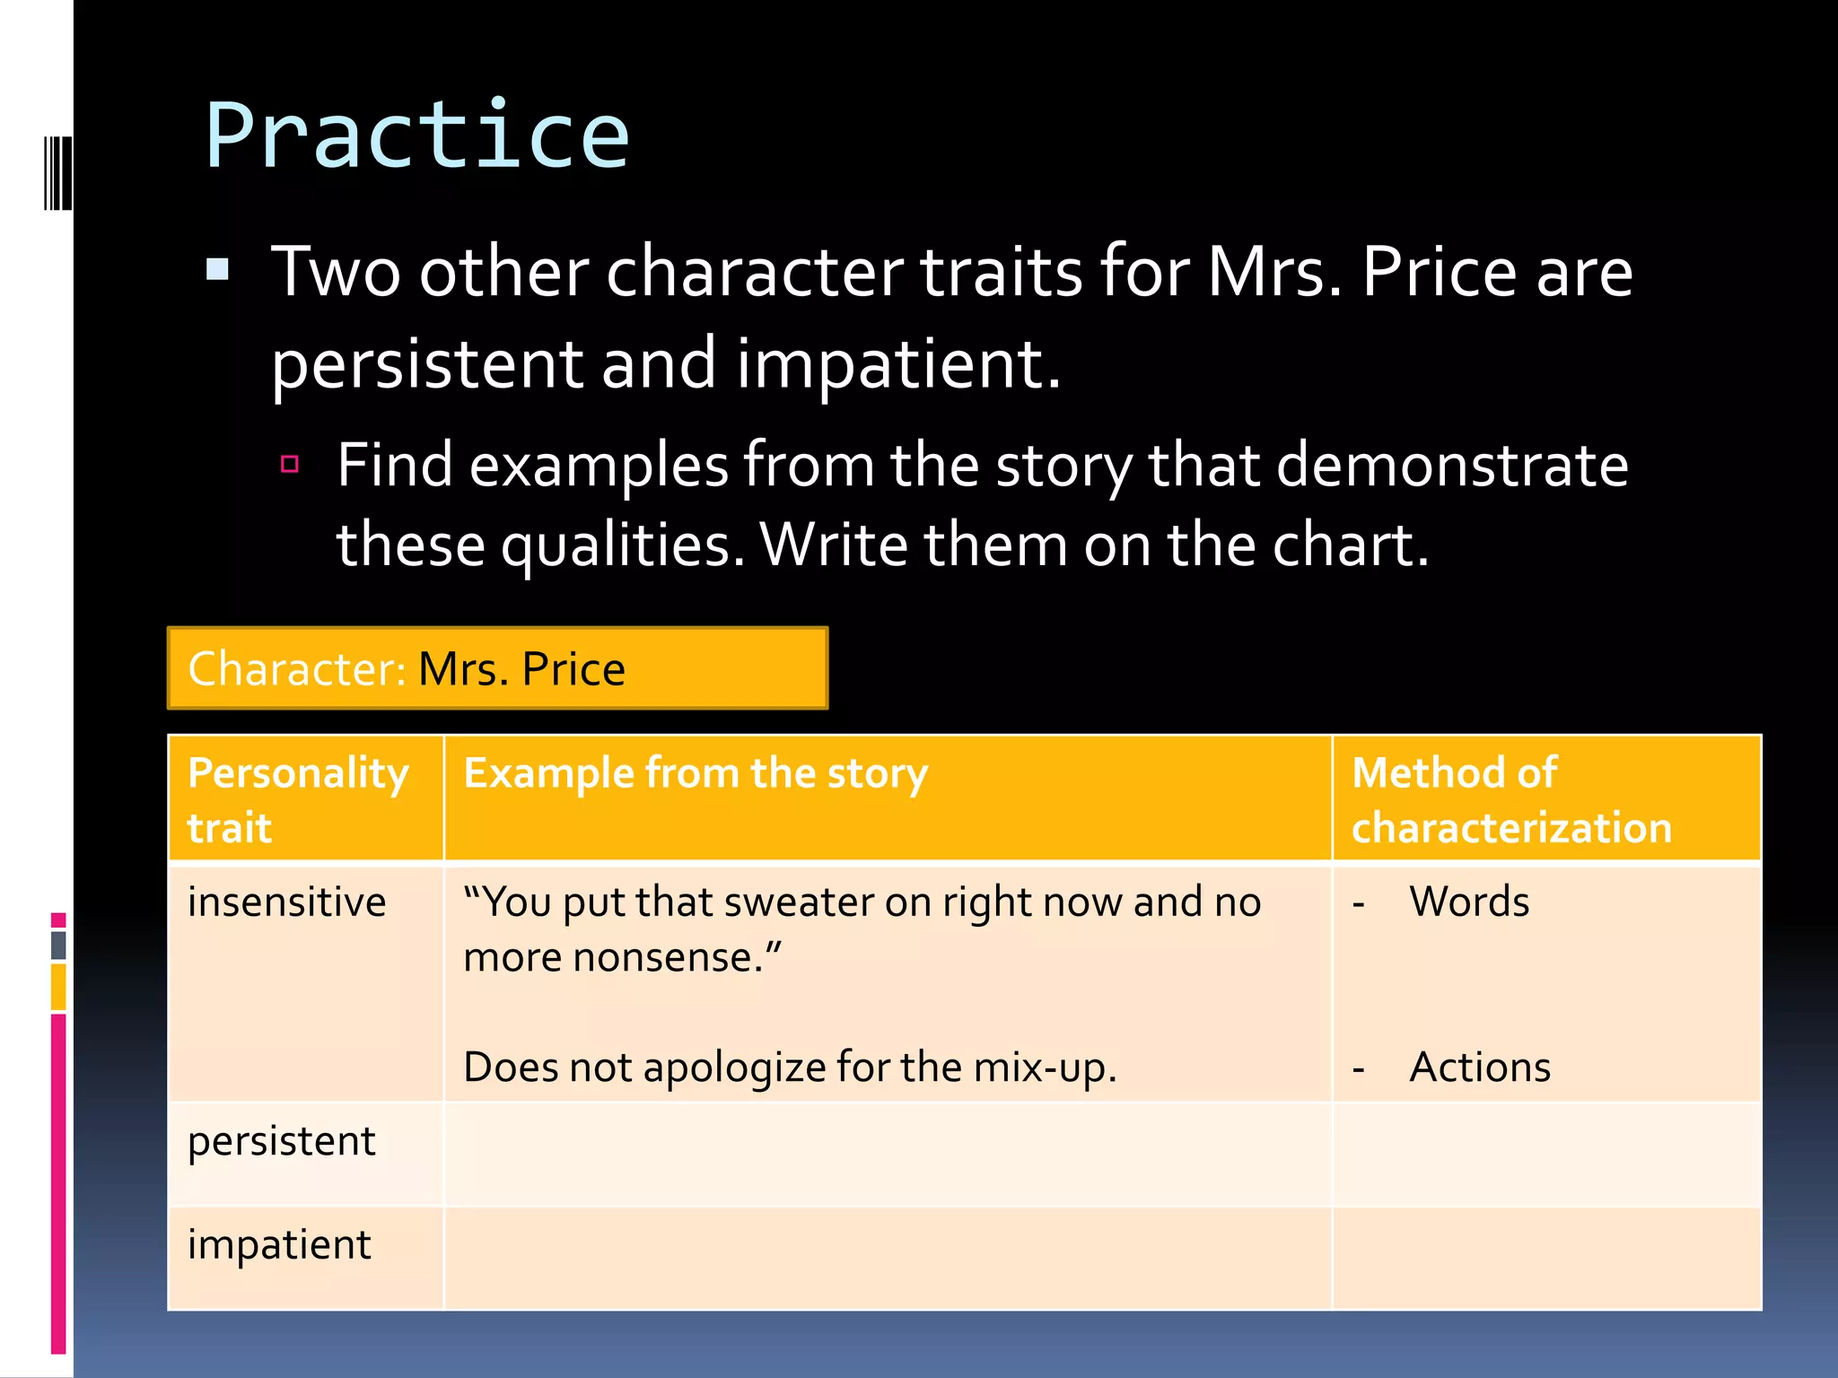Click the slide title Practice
coord(417,136)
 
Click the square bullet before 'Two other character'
coord(217,270)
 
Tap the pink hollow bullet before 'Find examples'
coord(289,464)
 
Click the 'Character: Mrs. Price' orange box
coord(497,669)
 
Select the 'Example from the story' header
coord(696,774)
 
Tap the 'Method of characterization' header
coord(1511,799)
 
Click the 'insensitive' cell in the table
coord(286,903)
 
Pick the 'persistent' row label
coord(281,1142)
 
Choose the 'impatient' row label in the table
coord(279,1245)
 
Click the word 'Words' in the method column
coord(1469,902)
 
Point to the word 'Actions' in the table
coord(1480,1068)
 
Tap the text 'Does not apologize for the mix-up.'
coord(790,1068)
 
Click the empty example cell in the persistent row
coord(887,1155)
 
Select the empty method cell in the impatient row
coord(1546,1258)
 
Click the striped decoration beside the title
coord(57,173)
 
